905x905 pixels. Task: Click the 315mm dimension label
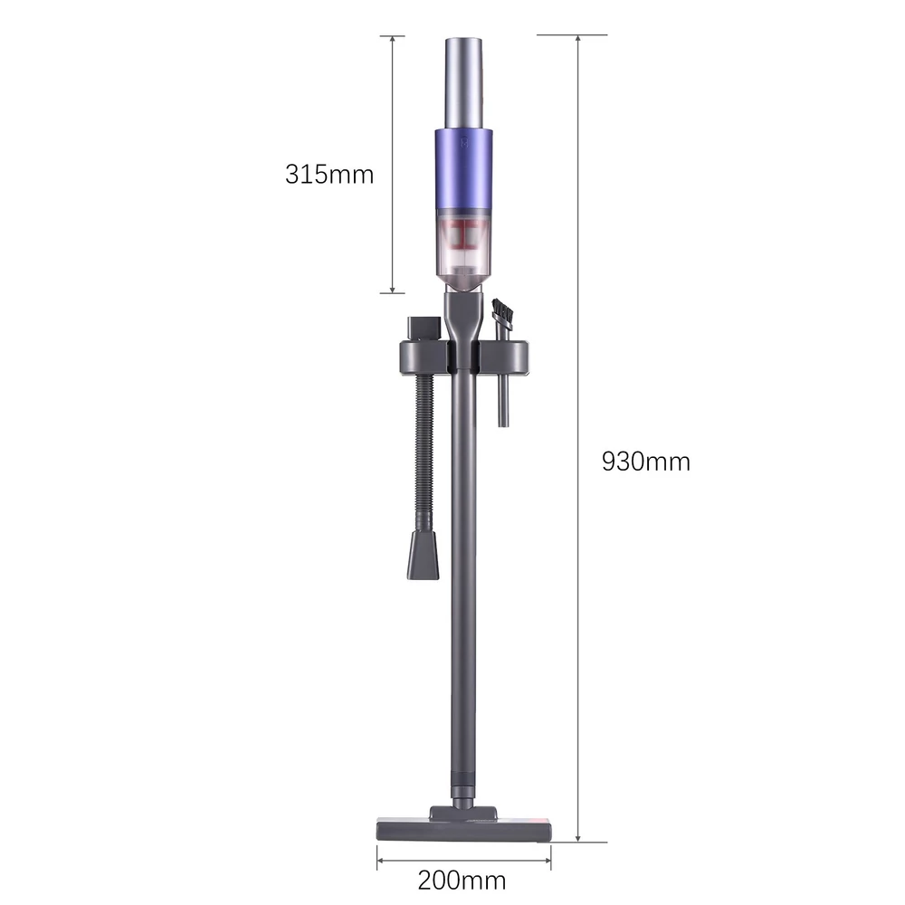pos(329,175)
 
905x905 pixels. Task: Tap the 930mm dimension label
pos(646,462)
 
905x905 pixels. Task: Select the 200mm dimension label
pos(462,881)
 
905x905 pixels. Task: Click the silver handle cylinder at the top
pos(464,83)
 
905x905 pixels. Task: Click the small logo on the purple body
pos(464,142)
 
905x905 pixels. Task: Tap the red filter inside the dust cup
pos(464,234)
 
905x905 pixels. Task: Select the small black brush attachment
pos(502,311)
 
